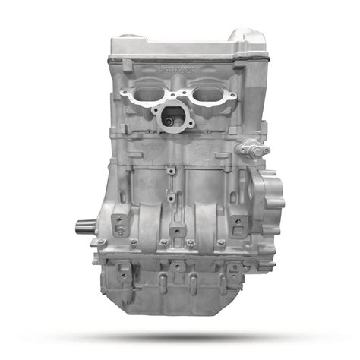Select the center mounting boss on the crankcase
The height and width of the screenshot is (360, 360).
[176, 231]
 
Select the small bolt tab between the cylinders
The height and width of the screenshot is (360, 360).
[173, 172]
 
